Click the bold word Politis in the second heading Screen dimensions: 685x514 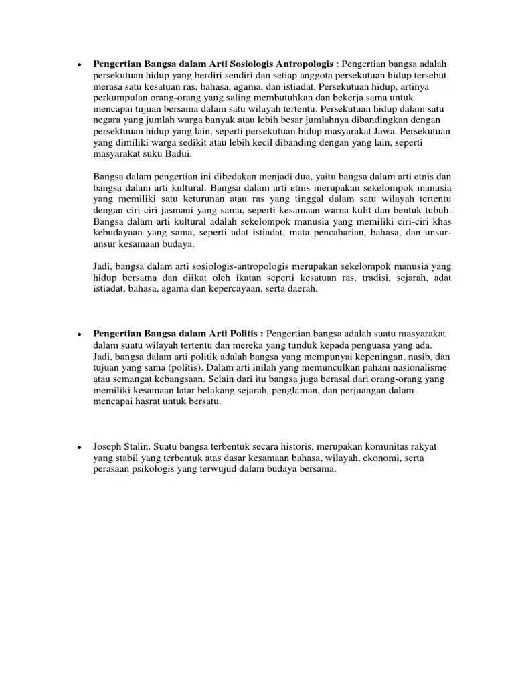(x=244, y=334)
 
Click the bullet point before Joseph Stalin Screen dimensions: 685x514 (x=79, y=447)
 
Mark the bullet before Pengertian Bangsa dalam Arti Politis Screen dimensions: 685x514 (x=79, y=334)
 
